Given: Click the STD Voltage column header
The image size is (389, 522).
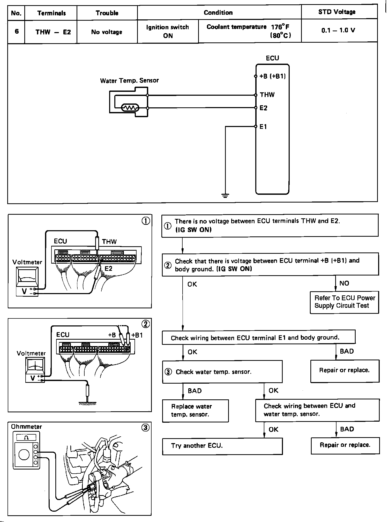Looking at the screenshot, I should (337, 12).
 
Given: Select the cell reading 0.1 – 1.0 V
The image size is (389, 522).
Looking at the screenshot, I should (338, 31).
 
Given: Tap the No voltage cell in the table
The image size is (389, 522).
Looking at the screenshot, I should (107, 32).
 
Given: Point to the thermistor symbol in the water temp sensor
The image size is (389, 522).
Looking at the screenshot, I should (130, 108).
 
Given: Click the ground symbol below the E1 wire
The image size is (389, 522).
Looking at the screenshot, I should (225, 196).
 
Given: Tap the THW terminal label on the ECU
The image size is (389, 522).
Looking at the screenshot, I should (267, 95).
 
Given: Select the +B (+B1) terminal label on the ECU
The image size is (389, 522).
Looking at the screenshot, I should (273, 76).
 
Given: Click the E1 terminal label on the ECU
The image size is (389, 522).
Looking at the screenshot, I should (263, 127).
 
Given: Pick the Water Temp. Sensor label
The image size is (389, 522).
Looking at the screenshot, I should (129, 80).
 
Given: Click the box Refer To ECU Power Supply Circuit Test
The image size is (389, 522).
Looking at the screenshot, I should (345, 302).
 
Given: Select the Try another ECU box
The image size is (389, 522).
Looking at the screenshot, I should (222, 446).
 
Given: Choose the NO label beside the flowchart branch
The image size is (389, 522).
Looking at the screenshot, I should (344, 283).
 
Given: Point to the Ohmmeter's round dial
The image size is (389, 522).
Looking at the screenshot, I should (24, 455).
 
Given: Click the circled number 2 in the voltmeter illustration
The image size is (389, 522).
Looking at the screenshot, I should (146, 324).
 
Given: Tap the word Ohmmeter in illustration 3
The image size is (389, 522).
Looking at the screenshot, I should (26, 427).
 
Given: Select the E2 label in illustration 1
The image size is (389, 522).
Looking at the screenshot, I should (109, 269).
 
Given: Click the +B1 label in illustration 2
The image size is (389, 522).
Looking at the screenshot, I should (137, 335).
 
